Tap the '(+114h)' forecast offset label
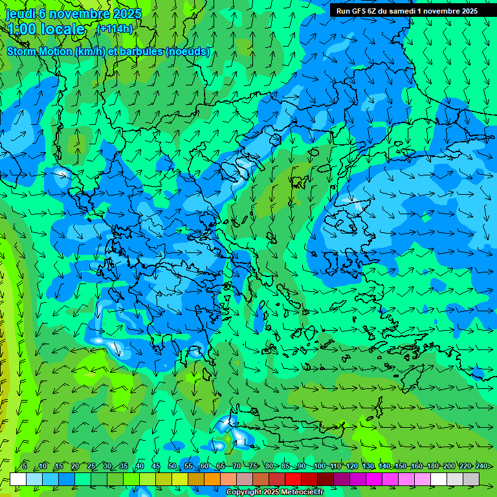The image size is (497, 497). (115, 28)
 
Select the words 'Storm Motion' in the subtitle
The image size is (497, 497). (39, 52)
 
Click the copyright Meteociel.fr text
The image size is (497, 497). (275, 492)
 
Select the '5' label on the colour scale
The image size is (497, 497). (25, 466)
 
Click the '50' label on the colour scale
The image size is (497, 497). (171, 466)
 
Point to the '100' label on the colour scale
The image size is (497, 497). (319, 466)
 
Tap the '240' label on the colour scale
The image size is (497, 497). (481, 466)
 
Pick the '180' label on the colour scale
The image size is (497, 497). (432, 466)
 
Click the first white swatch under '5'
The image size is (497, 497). (17, 479)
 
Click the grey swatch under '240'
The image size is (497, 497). (471, 479)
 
